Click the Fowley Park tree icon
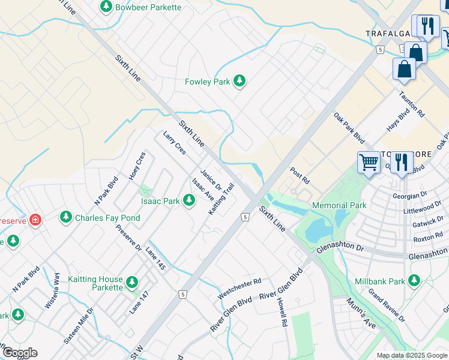tap(240, 81)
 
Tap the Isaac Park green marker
tap(189, 200)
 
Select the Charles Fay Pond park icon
tap(65, 217)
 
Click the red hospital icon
tap(35, 220)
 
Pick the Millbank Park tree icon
tap(414, 280)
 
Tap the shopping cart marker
tap(367, 161)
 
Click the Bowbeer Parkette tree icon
tap(106, 7)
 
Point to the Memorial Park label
tap(339, 205)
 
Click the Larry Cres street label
tap(175, 143)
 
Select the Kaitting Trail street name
tap(221, 199)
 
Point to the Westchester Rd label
tap(240, 288)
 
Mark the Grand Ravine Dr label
tap(387, 304)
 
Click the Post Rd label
tap(300, 176)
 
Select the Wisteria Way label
tap(52, 291)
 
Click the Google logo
tap(19, 353)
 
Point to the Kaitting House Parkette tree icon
tap(132, 282)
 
